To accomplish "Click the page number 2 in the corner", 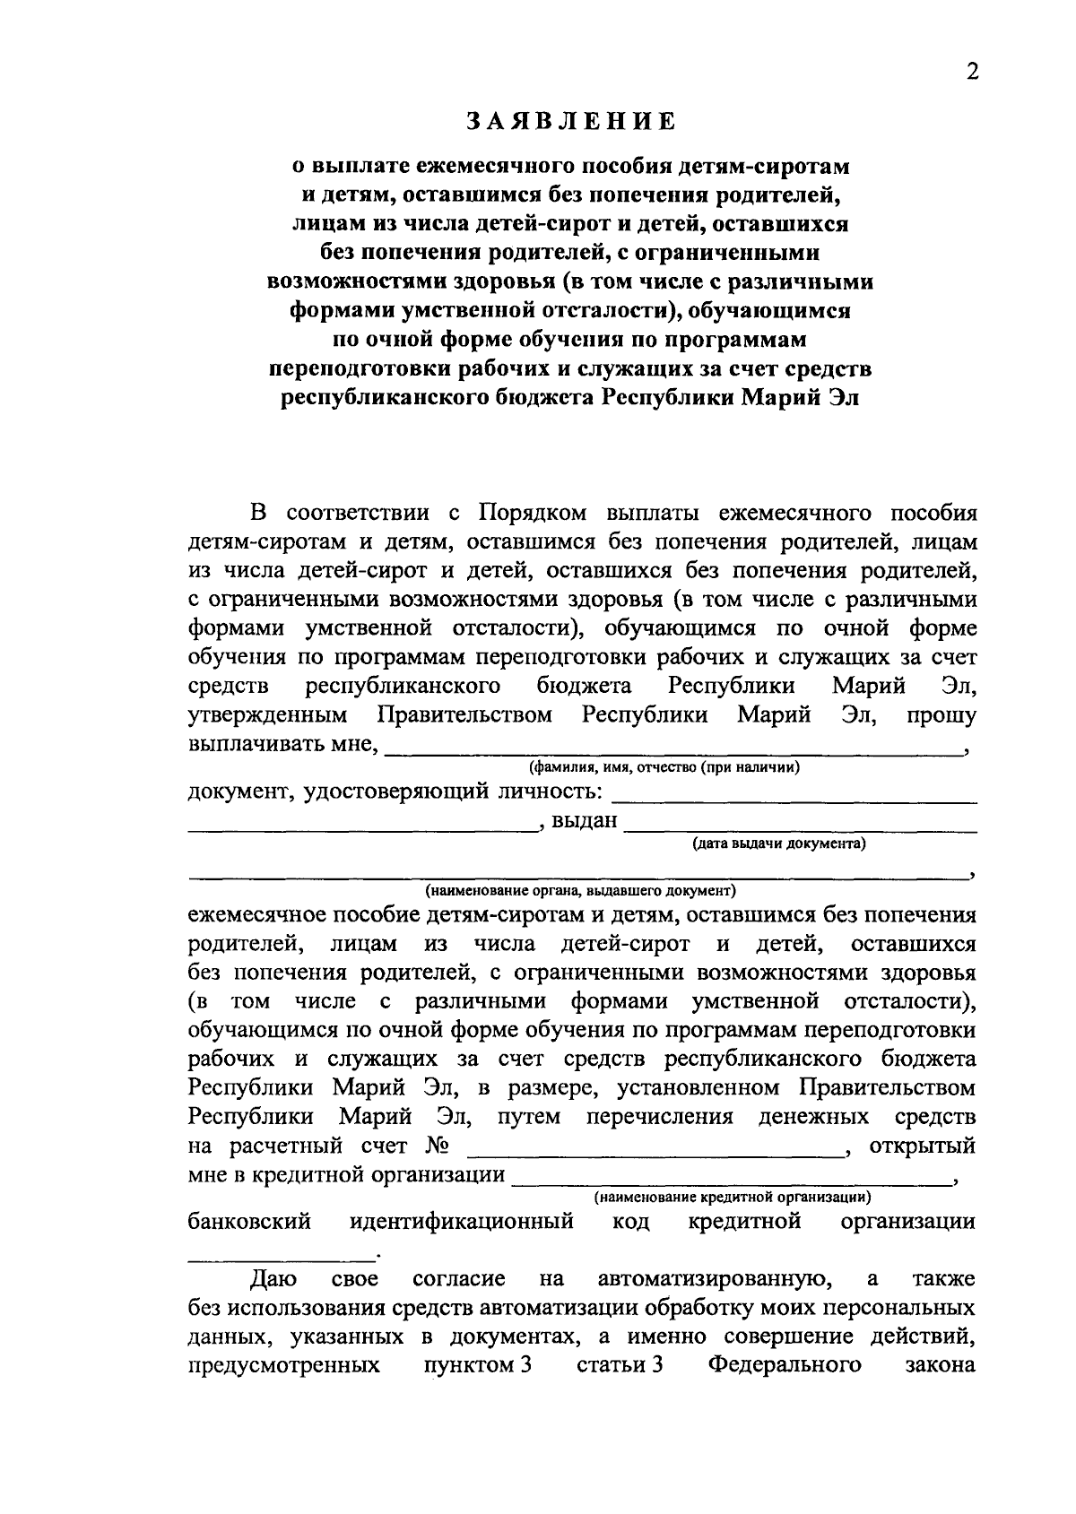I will coord(972,73).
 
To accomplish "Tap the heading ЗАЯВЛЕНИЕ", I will coord(570,121).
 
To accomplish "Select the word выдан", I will coord(585,821).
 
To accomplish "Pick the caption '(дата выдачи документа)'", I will coord(778,844).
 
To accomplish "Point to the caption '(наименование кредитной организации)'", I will coord(733,1197).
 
